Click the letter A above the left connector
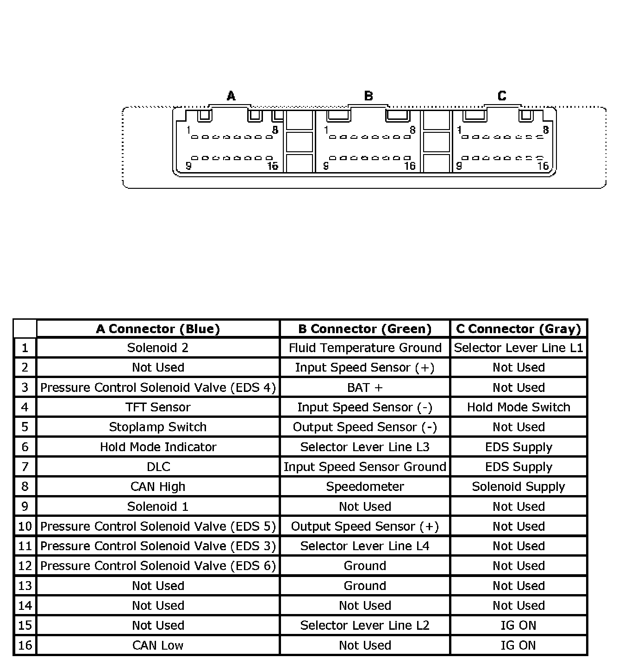tap(231, 96)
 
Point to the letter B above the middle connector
tap(368, 96)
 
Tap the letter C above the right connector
tap(502, 96)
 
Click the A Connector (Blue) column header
tap(158, 329)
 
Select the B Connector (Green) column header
tap(365, 329)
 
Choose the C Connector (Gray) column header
tap(518, 329)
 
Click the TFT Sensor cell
tap(158, 407)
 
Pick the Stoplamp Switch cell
tap(158, 427)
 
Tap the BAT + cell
tap(365, 387)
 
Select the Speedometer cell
tap(365, 487)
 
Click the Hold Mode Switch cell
tap(518, 407)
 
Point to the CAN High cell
tap(158, 487)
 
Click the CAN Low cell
tap(158, 645)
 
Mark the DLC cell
tap(158, 467)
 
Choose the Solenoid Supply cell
tap(518, 487)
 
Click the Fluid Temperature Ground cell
tap(365, 348)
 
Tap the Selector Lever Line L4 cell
tap(365, 546)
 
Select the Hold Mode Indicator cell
tap(158, 447)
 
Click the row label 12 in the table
tap(25, 566)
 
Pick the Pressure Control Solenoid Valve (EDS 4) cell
tap(158, 387)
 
